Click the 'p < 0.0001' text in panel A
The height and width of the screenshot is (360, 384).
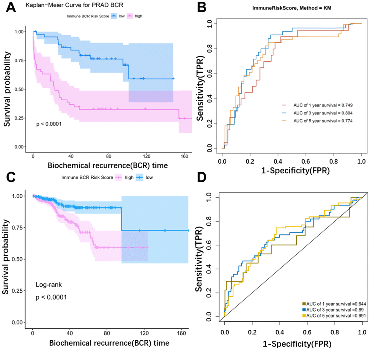pyautogui.click(x=49, y=123)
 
